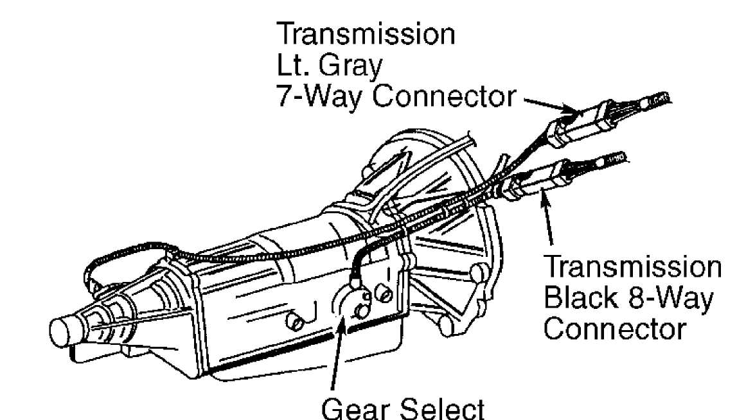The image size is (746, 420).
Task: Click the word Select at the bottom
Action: [443, 408]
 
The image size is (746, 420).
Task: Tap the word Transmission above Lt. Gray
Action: [366, 34]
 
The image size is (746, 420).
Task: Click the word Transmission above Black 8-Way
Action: [632, 267]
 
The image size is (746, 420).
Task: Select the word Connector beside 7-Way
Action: [444, 96]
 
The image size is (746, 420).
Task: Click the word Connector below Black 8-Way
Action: [615, 329]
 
